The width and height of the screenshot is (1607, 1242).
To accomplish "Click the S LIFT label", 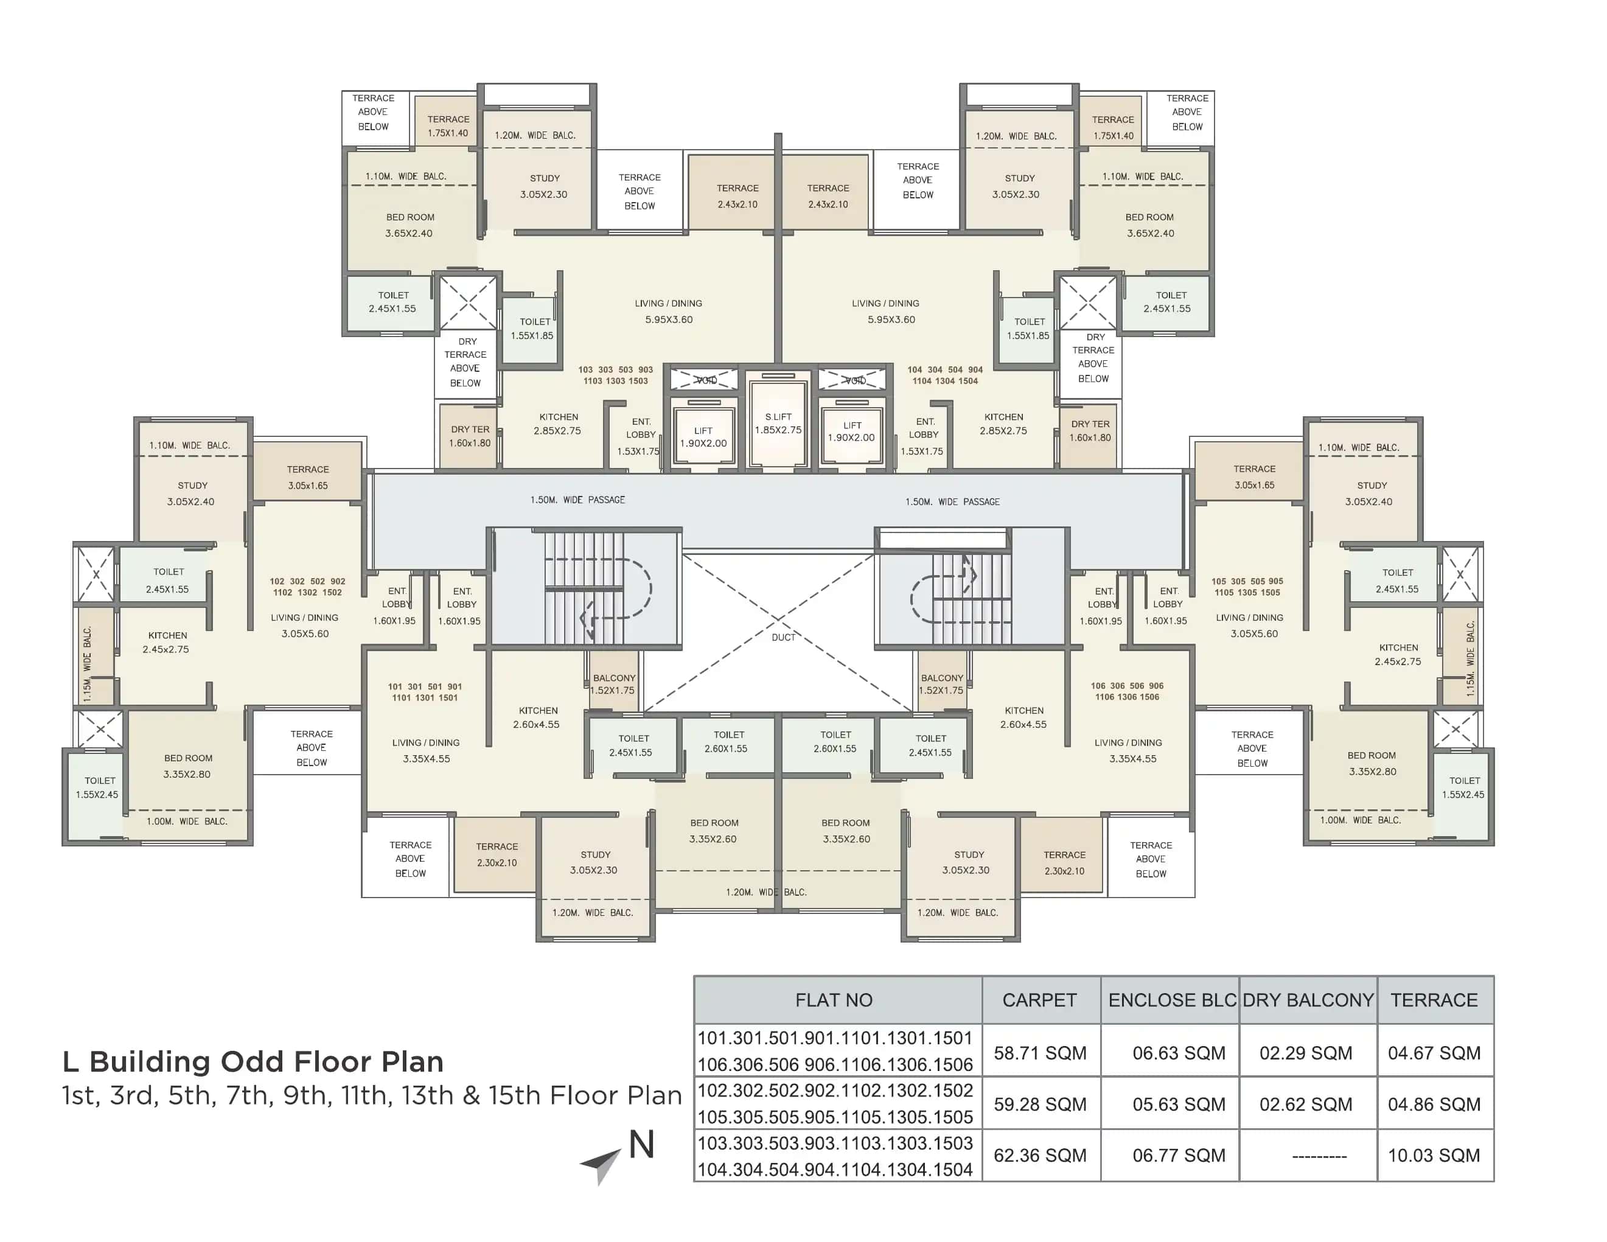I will pos(778,423).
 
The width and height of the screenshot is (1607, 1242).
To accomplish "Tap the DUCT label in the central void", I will pos(783,637).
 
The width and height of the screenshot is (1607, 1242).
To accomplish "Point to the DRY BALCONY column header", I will pos(1308,1000).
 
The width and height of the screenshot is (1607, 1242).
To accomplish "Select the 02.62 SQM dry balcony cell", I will pos(1305,1104).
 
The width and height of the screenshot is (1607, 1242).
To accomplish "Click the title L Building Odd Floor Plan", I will pos(253,1062).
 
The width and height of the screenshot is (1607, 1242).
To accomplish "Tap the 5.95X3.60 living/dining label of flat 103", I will pos(668,319).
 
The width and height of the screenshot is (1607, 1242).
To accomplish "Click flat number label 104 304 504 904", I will pos(945,375).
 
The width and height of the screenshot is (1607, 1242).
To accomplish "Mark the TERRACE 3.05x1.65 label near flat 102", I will pos(307,477).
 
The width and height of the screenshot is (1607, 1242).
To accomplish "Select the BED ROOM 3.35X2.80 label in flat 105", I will pos(1372,763).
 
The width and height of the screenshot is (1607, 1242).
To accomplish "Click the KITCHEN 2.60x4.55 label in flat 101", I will pos(537,717).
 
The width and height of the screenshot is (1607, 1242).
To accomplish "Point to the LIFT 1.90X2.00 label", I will pos(703,437).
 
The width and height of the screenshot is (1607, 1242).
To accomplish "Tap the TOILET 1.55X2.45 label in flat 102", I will pos(97,787).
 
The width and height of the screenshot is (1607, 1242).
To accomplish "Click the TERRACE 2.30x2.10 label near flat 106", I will pos(1064,862).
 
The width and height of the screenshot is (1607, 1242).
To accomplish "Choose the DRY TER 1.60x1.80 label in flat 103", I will pos(470,436).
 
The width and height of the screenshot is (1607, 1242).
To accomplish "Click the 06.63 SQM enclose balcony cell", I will pos(1178,1053).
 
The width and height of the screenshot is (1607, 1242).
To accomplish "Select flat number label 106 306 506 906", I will pos(1126,691).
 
